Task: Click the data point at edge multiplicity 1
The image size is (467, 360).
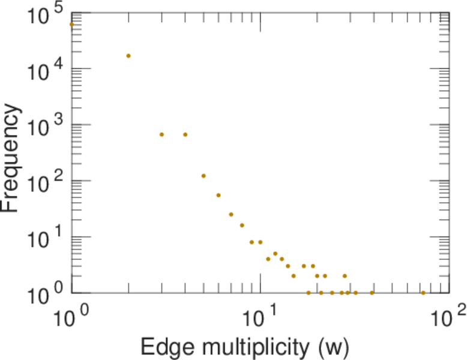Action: point(72,25)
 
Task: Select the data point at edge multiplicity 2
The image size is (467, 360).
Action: point(128,56)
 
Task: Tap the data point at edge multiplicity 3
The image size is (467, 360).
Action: point(161,134)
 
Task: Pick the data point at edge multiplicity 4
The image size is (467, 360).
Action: point(185,134)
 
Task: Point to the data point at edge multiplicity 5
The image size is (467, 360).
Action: point(203,176)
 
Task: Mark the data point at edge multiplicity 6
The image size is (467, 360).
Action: point(218,195)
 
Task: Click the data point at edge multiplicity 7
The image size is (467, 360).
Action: point(231,214)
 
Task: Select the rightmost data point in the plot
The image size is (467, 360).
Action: point(423,293)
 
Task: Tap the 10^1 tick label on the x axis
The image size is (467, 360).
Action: point(261,316)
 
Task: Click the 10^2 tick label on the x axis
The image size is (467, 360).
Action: point(448,316)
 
